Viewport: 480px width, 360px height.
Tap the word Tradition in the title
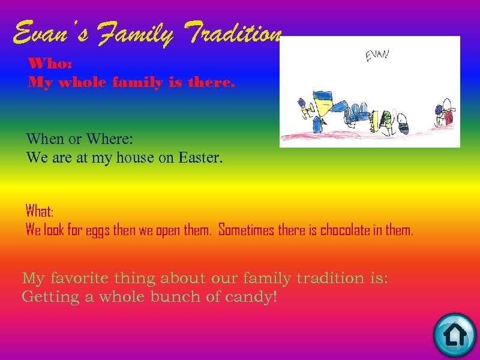click(x=235, y=33)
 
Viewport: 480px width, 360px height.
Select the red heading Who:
click(x=50, y=64)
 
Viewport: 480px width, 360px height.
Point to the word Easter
click(x=200, y=158)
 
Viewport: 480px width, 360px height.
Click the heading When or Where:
click(x=79, y=139)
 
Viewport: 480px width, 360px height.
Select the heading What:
click(x=40, y=211)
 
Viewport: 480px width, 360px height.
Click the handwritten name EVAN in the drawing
click(x=377, y=55)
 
